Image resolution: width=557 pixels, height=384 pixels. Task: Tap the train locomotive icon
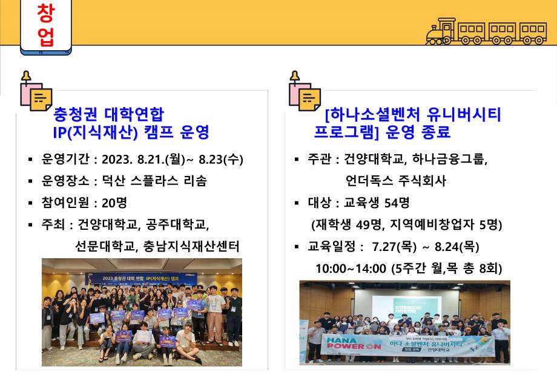441,31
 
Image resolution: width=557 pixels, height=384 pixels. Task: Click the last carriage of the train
533,33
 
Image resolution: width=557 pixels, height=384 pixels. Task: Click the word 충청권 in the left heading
76,114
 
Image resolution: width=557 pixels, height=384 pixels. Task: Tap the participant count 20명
114,203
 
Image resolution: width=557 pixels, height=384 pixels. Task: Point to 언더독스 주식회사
396,181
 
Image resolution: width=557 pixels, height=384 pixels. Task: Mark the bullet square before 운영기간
30,160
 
